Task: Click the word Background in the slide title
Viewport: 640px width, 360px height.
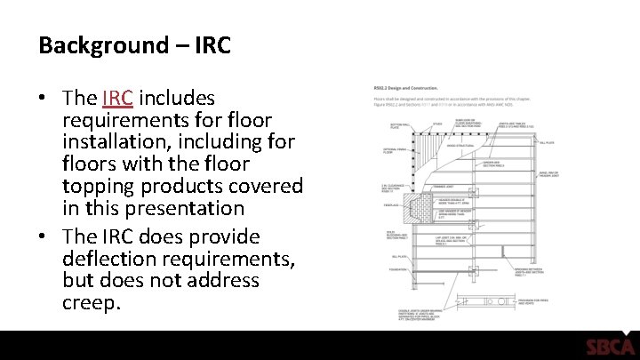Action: (x=100, y=45)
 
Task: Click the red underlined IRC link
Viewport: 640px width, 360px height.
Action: (x=118, y=97)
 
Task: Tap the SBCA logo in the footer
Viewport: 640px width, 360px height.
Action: (x=610, y=347)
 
